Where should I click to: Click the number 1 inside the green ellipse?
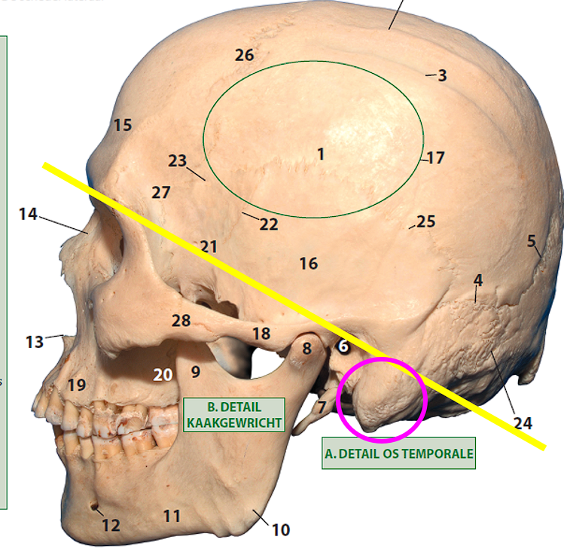pyautogui.click(x=321, y=154)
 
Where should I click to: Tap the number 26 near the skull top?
pyautogui.click(x=244, y=55)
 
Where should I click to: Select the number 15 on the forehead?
pyautogui.click(x=123, y=125)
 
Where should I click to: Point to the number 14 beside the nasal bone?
pyautogui.click(x=28, y=215)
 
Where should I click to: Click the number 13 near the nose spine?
pyautogui.click(x=35, y=342)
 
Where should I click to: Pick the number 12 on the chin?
pyautogui.click(x=111, y=525)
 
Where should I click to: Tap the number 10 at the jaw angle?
pyautogui.click(x=280, y=530)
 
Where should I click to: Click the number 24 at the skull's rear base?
pyautogui.click(x=523, y=423)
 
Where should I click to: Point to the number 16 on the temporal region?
pyautogui.click(x=308, y=264)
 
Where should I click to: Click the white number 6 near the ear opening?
pyautogui.click(x=343, y=346)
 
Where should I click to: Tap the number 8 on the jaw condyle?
pyautogui.click(x=306, y=349)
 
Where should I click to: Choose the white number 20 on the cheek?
pyautogui.click(x=163, y=374)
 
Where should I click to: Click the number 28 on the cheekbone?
pyautogui.click(x=181, y=321)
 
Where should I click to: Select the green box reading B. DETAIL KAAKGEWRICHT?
pyautogui.click(x=233, y=414)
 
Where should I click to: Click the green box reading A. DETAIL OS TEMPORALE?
pyautogui.click(x=398, y=453)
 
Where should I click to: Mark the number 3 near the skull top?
pyautogui.click(x=442, y=75)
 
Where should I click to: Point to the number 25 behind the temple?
pyautogui.click(x=426, y=221)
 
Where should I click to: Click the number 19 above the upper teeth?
pyautogui.click(x=77, y=386)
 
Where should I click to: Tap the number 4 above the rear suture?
pyautogui.click(x=478, y=280)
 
